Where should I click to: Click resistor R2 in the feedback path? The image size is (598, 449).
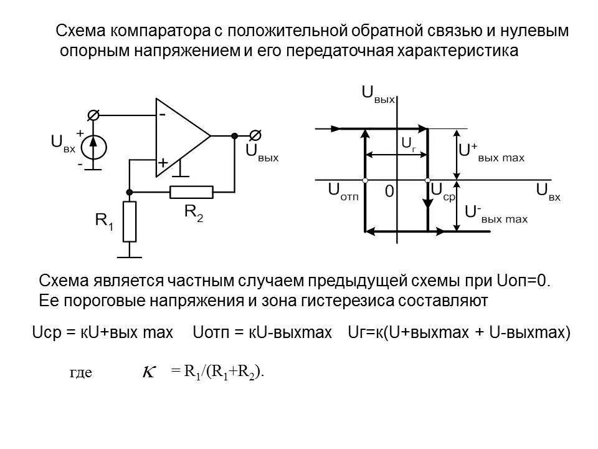point(192,192)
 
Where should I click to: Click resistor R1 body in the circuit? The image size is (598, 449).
point(129,221)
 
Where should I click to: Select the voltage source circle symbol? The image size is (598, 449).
point(93,148)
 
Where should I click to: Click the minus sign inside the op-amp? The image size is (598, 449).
point(162,115)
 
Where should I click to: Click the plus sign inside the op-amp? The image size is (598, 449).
point(163,162)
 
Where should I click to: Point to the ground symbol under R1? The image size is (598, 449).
point(129,253)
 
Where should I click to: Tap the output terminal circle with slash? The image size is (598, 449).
point(254,135)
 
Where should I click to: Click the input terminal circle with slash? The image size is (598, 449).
point(93,115)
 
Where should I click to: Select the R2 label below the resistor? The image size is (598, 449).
point(194,212)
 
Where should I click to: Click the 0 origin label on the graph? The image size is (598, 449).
point(389,192)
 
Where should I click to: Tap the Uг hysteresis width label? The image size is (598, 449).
point(409,143)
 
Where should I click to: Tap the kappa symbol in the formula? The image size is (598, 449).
point(149,372)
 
